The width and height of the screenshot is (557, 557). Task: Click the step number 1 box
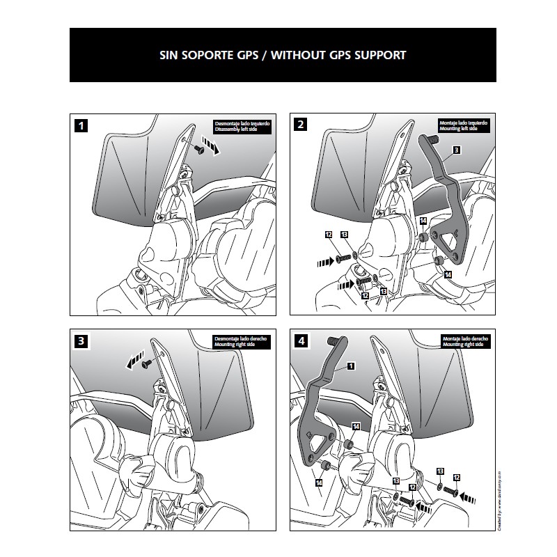tap(83, 126)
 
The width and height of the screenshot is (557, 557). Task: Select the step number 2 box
tap(300, 125)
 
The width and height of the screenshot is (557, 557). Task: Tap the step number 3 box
tap(83, 341)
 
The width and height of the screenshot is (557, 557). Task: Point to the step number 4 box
tap(300, 341)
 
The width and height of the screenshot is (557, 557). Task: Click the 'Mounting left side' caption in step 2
tap(459, 130)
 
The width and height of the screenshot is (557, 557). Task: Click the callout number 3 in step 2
tap(455, 150)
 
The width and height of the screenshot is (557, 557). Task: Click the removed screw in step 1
tap(200, 148)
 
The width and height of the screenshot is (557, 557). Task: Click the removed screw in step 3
tap(146, 363)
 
